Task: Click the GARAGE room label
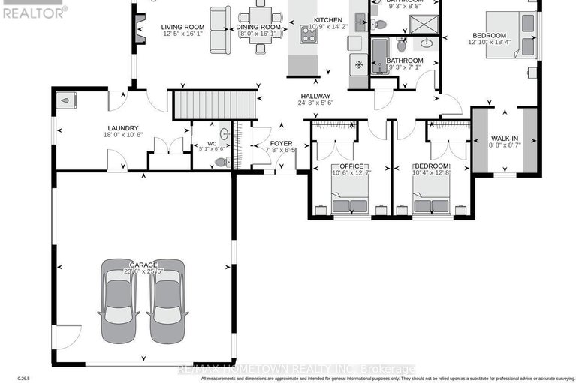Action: point(143,265)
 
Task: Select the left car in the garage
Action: point(119,300)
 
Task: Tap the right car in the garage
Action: point(167,300)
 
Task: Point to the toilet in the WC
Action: point(221,161)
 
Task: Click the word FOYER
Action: point(282,142)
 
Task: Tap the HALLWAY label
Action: point(315,96)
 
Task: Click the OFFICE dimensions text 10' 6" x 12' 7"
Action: point(351,173)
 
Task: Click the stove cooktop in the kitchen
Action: point(309,34)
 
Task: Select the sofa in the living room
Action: point(220,28)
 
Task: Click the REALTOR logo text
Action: point(33,11)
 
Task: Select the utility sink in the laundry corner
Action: point(68,100)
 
